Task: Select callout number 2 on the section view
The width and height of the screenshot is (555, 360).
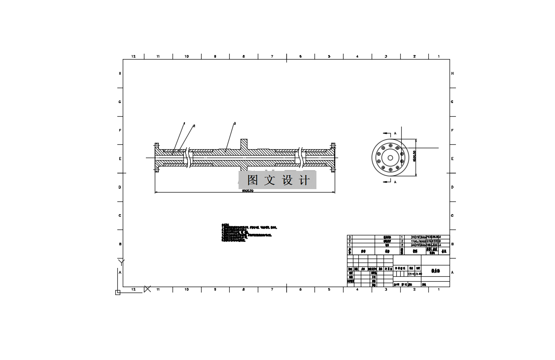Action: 194,126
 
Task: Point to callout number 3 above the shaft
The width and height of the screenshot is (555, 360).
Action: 235,123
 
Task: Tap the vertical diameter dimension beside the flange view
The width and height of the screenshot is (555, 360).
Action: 415,156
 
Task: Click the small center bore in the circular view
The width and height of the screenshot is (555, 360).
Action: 390,158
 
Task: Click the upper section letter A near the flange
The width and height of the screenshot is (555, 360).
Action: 395,133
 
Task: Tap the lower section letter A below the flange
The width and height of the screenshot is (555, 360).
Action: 395,182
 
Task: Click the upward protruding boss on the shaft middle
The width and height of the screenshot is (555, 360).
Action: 244,144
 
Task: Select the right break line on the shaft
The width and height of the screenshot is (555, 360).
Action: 301,158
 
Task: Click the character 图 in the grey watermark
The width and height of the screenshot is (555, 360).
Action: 253,180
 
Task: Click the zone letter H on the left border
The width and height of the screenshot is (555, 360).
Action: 120,73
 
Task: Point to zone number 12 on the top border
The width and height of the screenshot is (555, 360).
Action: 133,57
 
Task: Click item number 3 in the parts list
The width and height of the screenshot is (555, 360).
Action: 350,237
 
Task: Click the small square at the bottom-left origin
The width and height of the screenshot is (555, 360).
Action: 117,293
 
